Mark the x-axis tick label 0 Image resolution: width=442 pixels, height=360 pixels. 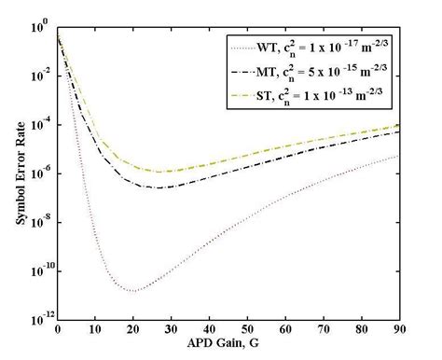coord(58,328)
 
